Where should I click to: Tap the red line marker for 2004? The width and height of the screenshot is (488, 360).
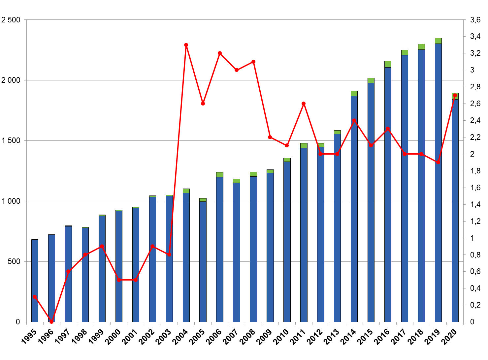pos(186,45)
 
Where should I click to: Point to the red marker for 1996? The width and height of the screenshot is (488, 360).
pos(51,321)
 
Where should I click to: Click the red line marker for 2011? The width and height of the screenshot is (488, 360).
pos(304,104)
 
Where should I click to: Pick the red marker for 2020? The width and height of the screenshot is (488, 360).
pos(455,95)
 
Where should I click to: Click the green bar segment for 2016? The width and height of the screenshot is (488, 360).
pos(388,64)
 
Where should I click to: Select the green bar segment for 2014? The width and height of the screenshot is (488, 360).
pos(354,93)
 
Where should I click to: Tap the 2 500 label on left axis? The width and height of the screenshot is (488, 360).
pos(11,20)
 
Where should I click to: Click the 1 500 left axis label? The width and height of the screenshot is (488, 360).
pos(11,141)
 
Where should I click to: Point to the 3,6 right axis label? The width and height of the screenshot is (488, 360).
pos(475,20)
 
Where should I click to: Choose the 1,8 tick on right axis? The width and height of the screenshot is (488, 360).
pos(475,171)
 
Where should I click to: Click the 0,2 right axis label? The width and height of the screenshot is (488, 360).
pos(475,305)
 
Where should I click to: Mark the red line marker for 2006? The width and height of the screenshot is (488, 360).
pos(220,53)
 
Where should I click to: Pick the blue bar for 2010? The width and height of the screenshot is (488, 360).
pos(287,241)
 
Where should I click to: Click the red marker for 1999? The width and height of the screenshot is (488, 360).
pos(102,246)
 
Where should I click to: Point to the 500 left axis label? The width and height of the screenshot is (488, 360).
pos(14,261)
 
